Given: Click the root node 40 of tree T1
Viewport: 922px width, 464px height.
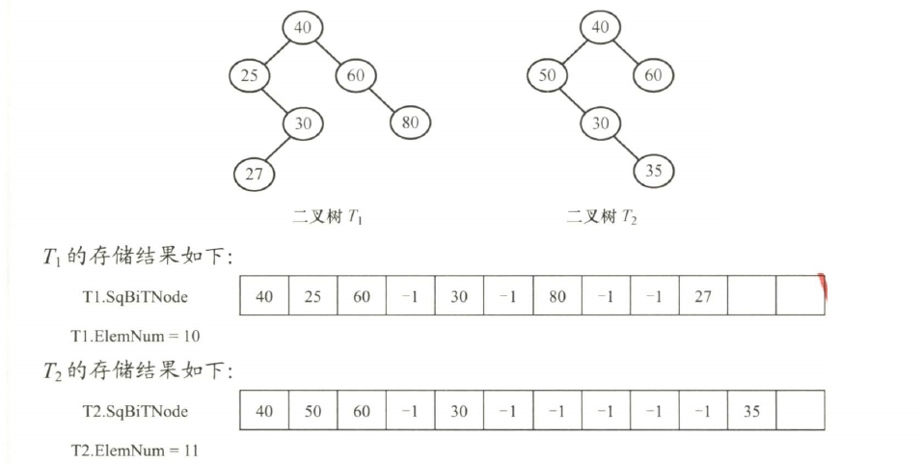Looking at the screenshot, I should [303, 27].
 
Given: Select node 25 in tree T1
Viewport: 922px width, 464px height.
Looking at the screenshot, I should [250, 74].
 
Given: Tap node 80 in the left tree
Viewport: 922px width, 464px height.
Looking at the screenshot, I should [411, 123].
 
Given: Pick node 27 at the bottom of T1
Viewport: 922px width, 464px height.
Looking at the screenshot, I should [254, 174].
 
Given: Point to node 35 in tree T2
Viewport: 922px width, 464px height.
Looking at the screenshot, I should [654, 171].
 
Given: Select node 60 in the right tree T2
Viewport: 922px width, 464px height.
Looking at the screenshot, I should [654, 74].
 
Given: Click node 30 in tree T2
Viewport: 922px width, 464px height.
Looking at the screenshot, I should [601, 123].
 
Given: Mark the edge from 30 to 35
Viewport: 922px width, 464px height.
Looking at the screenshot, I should [628, 147].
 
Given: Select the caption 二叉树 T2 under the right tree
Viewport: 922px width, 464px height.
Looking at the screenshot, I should [603, 218].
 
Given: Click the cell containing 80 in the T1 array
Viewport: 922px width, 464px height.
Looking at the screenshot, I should [556, 296].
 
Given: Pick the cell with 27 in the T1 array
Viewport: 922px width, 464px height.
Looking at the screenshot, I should [703, 296].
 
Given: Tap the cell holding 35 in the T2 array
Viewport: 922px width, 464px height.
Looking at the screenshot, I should [751, 411].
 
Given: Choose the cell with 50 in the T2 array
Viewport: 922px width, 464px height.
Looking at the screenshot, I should [312, 411].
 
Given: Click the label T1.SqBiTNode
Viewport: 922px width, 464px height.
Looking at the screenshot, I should [135, 297].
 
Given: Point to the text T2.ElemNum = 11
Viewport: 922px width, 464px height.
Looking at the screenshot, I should [135, 450].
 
